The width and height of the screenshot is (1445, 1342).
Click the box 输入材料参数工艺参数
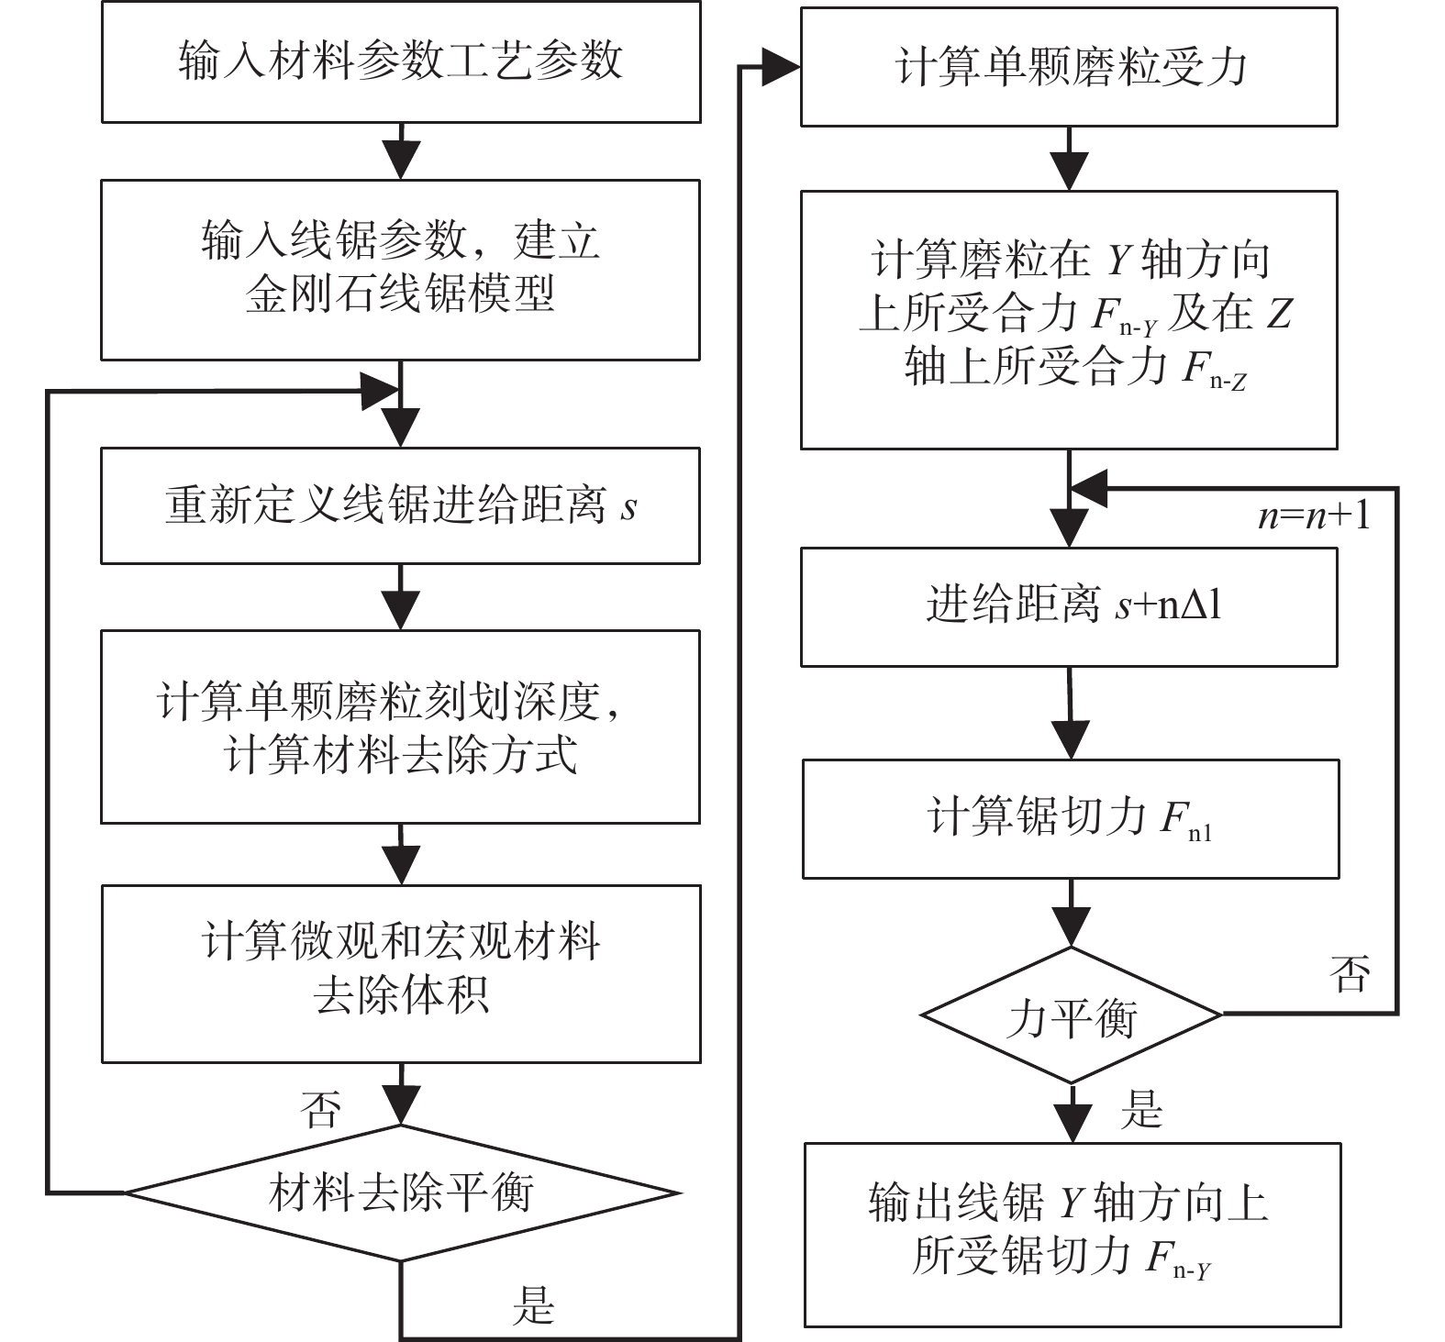tap(401, 62)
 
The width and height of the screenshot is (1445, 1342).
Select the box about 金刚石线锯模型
tap(401, 270)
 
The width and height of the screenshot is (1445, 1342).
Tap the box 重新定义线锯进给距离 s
tap(401, 505)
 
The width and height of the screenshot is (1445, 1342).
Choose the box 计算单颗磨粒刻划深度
tap(401, 726)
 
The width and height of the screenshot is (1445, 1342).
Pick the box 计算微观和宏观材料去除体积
tap(401, 973)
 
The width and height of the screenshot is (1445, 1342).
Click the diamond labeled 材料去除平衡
tap(402, 1192)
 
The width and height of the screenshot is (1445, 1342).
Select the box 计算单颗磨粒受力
tap(1069, 67)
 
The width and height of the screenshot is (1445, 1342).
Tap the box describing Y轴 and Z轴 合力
tap(1069, 320)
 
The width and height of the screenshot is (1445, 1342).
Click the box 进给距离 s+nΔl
tap(1069, 606)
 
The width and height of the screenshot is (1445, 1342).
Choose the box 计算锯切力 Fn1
tap(1071, 818)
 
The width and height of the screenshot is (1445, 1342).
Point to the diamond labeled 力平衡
tap(1071, 1015)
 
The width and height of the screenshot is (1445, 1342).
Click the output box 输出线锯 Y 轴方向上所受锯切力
tap(1073, 1235)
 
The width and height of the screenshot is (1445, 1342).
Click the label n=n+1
tap(1314, 516)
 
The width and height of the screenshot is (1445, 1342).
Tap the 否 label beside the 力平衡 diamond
tap(1350, 973)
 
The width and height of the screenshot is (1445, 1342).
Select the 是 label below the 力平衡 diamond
tap(1141, 1109)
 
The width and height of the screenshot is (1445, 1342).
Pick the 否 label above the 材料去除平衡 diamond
tap(320, 1109)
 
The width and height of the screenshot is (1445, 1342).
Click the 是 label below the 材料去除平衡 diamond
tap(533, 1305)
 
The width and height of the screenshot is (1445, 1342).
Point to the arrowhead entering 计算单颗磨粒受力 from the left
tap(782, 67)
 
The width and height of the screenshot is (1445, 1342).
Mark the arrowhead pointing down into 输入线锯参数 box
tap(401, 161)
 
